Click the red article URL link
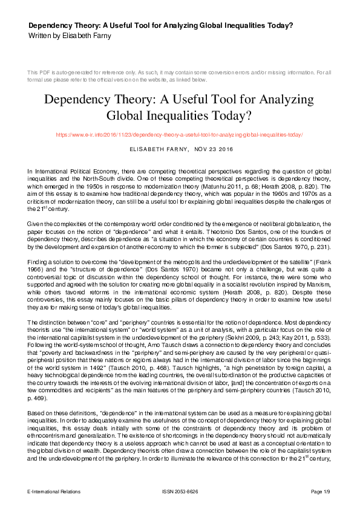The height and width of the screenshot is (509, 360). [x=180, y=135]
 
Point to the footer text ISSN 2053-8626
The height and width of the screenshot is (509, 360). [x=180, y=491]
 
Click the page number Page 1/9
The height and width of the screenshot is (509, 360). [x=321, y=491]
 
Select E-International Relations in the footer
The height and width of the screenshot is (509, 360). [x=54, y=491]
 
